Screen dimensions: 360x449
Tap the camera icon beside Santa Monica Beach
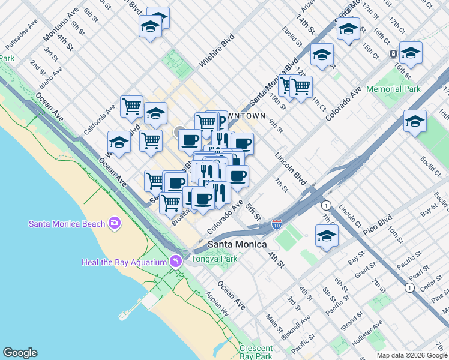[114, 224]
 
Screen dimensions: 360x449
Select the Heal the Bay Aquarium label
[124, 262]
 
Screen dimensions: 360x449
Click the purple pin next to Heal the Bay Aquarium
[175, 261]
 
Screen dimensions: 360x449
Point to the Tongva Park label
[215, 259]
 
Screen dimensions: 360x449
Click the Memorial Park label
[393, 89]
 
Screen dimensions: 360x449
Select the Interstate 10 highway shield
[276, 224]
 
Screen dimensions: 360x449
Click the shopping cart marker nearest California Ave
[131, 107]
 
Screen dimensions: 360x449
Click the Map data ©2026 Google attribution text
[411, 355]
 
